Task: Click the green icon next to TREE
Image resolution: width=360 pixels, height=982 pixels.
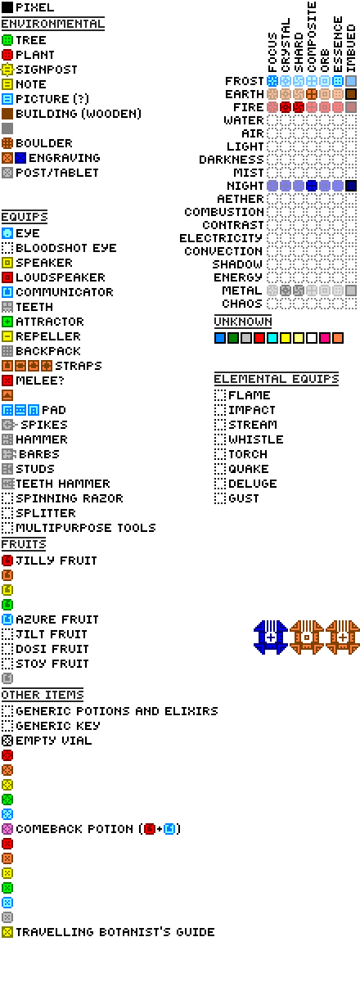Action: click(x=7, y=40)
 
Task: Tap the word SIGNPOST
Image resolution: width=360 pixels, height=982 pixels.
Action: click(x=47, y=70)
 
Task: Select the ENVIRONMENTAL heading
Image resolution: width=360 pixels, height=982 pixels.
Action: click(x=52, y=24)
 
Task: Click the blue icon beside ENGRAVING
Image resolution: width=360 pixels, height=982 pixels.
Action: click(x=20, y=158)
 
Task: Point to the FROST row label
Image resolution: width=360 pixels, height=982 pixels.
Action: click(x=245, y=81)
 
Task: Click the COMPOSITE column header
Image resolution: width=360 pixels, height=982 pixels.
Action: click(x=312, y=37)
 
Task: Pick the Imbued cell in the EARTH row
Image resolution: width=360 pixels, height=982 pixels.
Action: click(x=351, y=94)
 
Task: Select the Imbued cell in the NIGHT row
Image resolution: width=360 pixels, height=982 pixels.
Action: click(x=351, y=186)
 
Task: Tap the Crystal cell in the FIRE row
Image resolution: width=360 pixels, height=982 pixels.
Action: click(x=286, y=107)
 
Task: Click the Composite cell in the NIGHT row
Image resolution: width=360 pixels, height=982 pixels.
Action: click(x=312, y=186)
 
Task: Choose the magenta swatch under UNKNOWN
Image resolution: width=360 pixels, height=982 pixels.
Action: click(x=325, y=338)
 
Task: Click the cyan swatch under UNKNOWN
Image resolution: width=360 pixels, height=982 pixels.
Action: click(x=272, y=338)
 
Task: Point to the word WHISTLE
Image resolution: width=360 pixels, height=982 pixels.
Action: click(x=255, y=439)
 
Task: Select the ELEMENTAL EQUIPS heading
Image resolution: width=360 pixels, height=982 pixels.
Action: click(x=277, y=379)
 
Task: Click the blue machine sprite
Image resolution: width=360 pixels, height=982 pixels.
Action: click(x=271, y=637)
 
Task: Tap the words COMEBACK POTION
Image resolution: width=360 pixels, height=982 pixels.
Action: click(x=74, y=829)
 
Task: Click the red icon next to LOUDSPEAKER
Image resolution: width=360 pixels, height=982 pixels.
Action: click(x=7, y=277)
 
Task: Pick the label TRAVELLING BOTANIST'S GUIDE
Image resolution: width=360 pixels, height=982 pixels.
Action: click(x=115, y=932)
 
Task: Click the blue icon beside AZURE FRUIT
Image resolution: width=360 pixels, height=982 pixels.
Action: click(x=7, y=619)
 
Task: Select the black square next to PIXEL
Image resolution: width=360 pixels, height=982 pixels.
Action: click(x=7, y=7)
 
